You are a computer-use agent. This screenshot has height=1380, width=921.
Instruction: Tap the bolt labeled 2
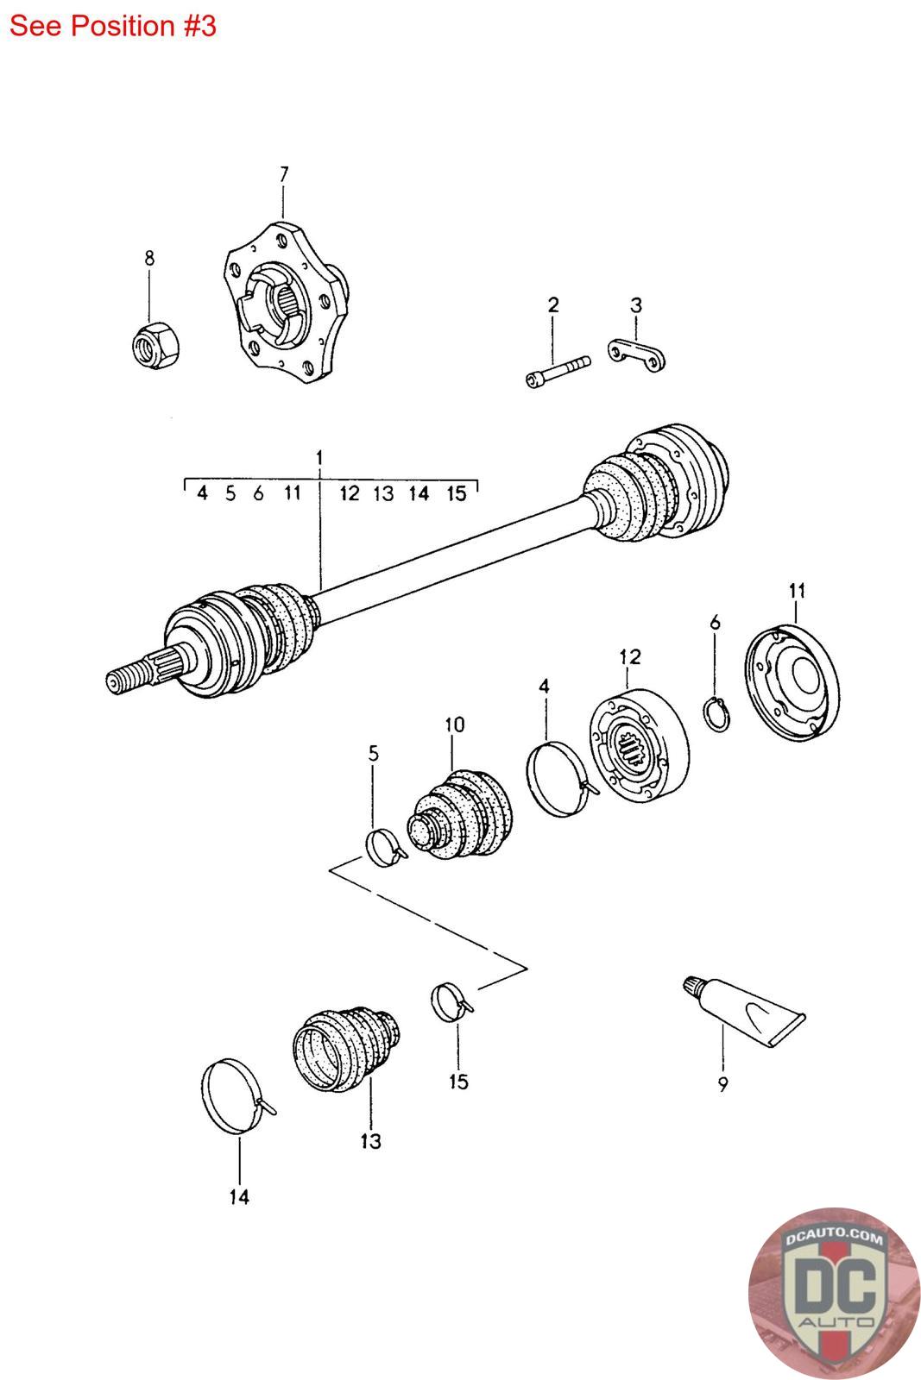(x=557, y=369)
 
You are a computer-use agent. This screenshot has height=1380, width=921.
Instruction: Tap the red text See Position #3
(x=113, y=26)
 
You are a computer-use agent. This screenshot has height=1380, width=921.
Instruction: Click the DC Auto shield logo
(x=828, y=1289)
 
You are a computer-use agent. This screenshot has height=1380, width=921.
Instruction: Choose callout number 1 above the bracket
(x=319, y=455)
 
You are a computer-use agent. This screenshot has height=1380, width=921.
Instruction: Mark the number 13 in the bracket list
(x=383, y=493)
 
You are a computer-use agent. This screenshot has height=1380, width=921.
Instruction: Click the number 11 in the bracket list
(x=292, y=492)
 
